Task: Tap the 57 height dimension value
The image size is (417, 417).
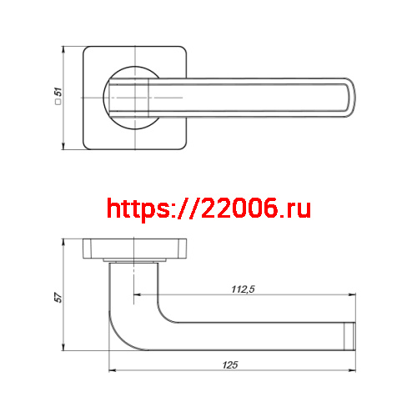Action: click(x=57, y=298)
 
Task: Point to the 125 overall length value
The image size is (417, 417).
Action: click(x=231, y=364)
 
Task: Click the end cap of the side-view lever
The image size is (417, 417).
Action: click(x=350, y=334)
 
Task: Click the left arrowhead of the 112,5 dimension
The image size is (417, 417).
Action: click(x=138, y=294)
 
